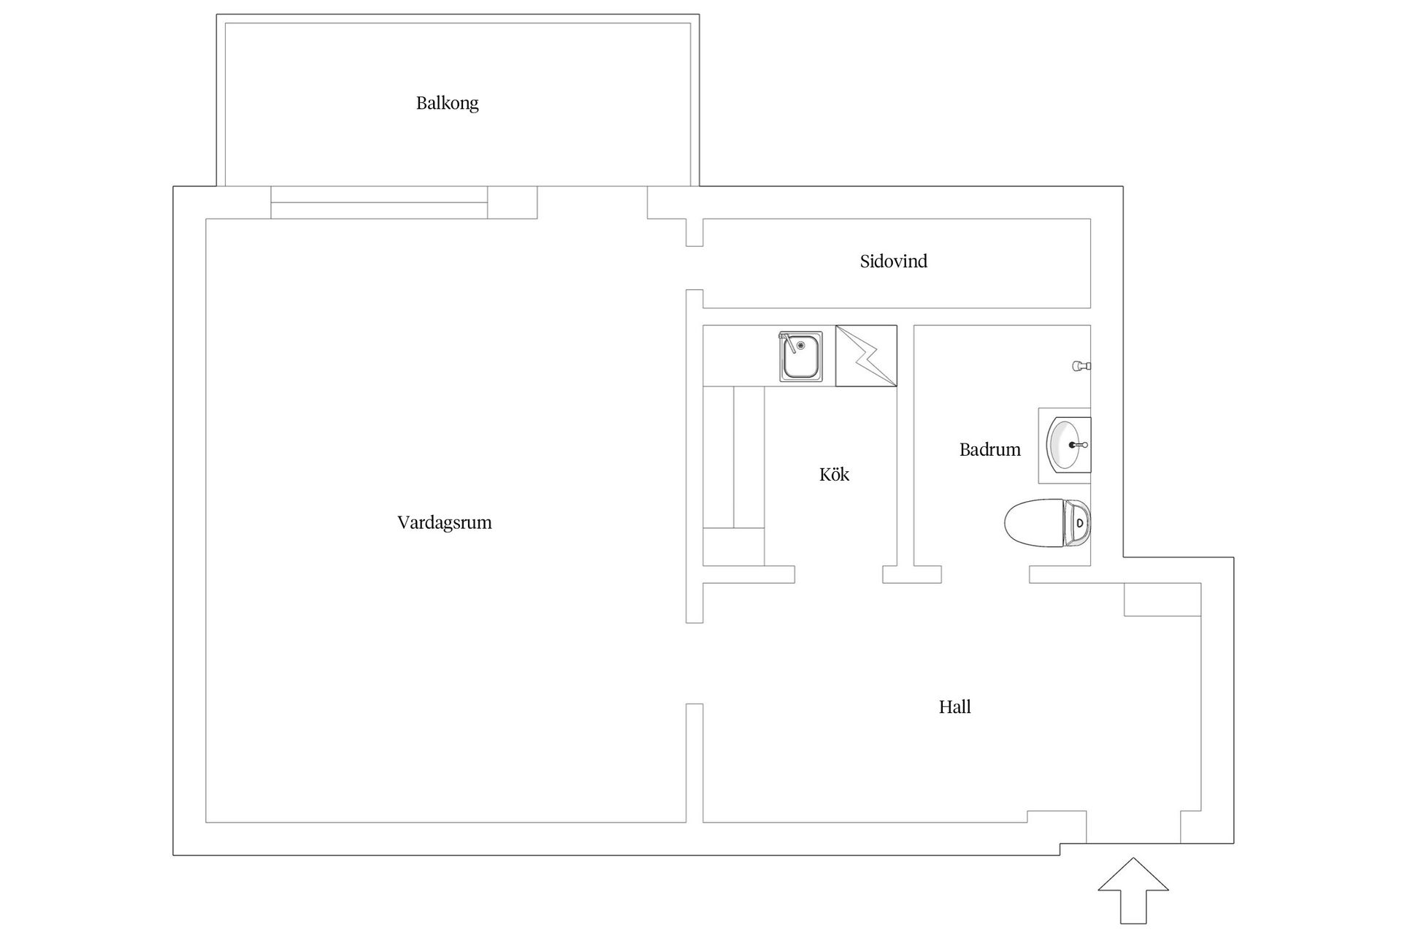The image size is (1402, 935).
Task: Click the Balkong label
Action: click(x=447, y=103)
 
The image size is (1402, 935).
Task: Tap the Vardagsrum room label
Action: click(x=444, y=523)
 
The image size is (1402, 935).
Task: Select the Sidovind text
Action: click(x=893, y=262)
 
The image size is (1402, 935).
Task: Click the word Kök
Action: click(x=834, y=475)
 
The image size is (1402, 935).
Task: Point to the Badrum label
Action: click(x=989, y=450)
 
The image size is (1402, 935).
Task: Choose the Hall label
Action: click(x=954, y=707)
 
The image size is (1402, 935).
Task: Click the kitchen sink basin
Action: click(x=801, y=359)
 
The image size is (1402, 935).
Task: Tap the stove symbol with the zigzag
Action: click(x=866, y=356)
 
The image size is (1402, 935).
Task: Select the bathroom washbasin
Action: click(x=1065, y=444)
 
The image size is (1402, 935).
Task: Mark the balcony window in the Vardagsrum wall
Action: click(x=379, y=202)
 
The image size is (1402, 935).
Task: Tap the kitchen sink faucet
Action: click(x=787, y=340)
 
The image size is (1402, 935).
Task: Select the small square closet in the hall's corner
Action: click(x=1162, y=600)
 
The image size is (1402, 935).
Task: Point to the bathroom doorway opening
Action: click(x=985, y=575)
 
